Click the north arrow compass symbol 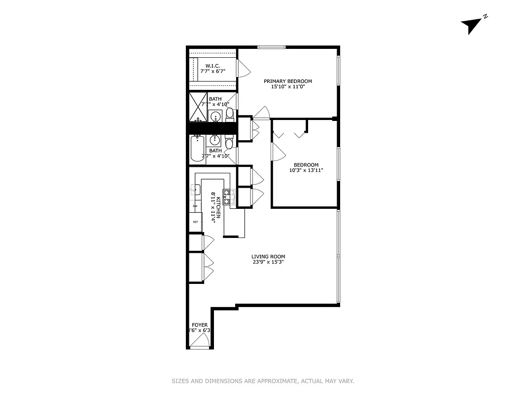(x=471, y=25)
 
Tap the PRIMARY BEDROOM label (x=287, y=81)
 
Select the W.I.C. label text (x=212, y=66)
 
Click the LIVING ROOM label (x=268, y=256)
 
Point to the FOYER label (x=200, y=325)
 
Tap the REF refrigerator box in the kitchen (x=196, y=222)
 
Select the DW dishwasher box (x=195, y=206)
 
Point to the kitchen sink (x=195, y=189)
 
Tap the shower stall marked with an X (x=199, y=107)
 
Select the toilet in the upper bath (x=230, y=114)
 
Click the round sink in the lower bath (x=215, y=139)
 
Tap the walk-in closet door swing (x=243, y=68)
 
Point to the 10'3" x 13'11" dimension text (x=306, y=171)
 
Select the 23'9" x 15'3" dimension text (x=268, y=262)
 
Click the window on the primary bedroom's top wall (x=271, y=47)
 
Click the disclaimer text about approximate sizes (x=263, y=381)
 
